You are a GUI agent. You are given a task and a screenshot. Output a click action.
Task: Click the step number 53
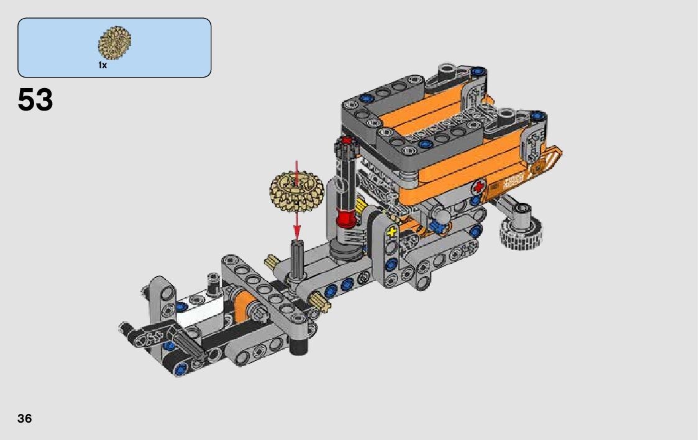click(x=35, y=100)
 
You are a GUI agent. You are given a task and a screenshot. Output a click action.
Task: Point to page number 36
click(x=24, y=419)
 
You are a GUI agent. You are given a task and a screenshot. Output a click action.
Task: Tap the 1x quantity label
click(x=103, y=65)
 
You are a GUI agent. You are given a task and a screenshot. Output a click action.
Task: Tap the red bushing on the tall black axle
click(x=346, y=218)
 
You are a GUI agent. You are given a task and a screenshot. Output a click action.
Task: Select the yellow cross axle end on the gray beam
click(x=392, y=231)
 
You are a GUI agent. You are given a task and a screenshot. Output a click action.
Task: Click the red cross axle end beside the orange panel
click(x=479, y=187)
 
